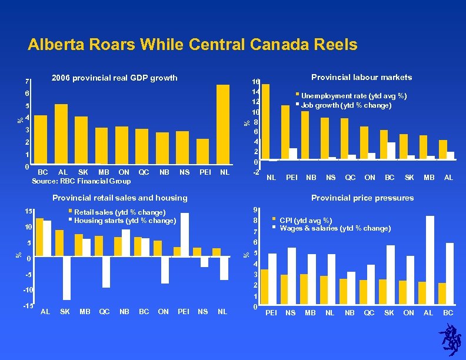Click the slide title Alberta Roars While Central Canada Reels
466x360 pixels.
pyautogui.click(x=192, y=45)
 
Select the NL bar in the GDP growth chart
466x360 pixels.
pyautogui.click(x=223, y=124)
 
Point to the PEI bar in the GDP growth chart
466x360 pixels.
pyautogui.click(x=203, y=151)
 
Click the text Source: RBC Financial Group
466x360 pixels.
pyautogui.click(x=84, y=181)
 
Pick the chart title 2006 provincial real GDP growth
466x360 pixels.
pyautogui.click(x=114, y=78)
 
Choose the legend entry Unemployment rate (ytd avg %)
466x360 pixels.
pyautogui.click(x=354, y=95)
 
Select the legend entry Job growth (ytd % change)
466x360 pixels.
pyautogui.click(x=346, y=105)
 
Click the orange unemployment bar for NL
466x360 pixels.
pyautogui.click(x=265, y=122)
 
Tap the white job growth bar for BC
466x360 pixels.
pyautogui.click(x=391, y=151)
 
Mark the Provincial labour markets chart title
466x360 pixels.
pyautogui.click(x=361, y=77)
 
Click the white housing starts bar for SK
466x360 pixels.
pyautogui.click(x=66, y=278)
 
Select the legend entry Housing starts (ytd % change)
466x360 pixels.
pyautogui.click(x=125, y=221)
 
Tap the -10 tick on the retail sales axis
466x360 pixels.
pyautogui.click(x=29, y=291)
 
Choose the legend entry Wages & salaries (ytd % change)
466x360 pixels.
pyautogui.click(x=335, y=228)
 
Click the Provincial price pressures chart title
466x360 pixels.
pyautogui.click(x=362, y=198)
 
